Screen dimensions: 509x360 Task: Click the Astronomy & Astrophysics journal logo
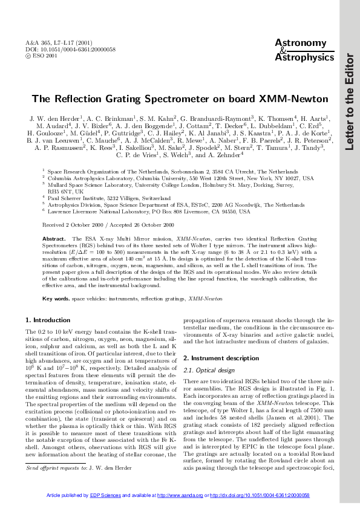click(300, 50)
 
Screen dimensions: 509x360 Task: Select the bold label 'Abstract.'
click(54, 256)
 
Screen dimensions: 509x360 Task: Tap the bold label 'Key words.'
click(56, 299)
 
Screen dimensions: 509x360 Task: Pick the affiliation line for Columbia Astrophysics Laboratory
click(180, 179)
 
